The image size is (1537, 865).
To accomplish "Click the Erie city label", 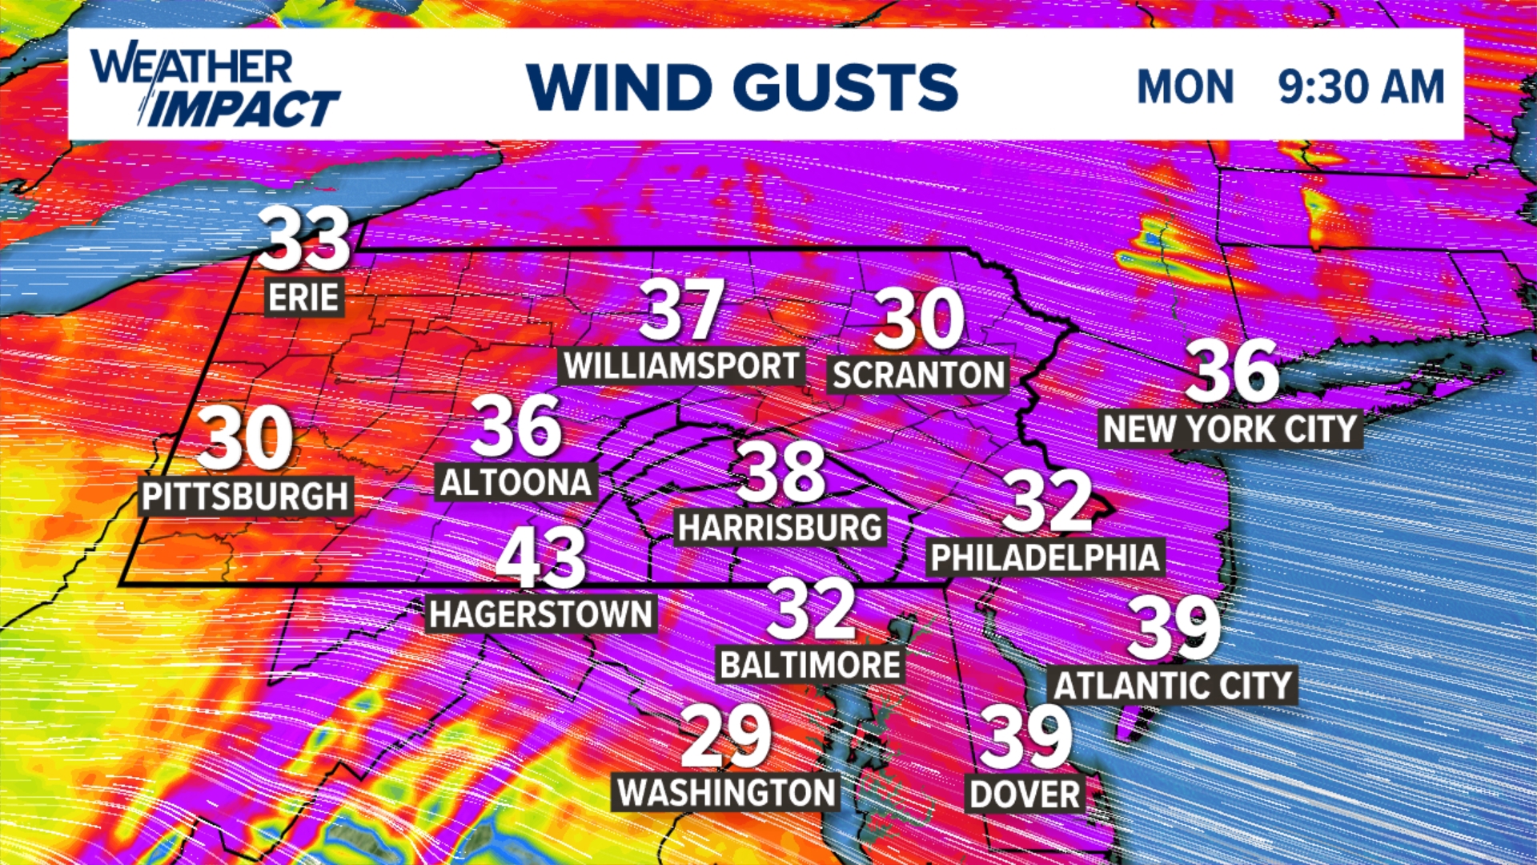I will (304, 297).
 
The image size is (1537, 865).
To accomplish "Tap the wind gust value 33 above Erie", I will (304, 239).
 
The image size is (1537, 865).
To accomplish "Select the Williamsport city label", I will (681, 366).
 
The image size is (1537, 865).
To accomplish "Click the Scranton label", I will (918, 375).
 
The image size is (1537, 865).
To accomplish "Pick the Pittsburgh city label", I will (246, 497).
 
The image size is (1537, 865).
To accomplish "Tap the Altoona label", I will (516, 482).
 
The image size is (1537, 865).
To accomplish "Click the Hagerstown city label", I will (541, 614).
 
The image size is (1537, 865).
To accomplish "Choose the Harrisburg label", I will (781, 527).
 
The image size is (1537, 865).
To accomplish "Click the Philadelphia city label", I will (1045, 557).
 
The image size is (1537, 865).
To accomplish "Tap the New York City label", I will (1230, 429).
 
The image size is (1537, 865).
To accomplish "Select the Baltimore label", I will (810, 665).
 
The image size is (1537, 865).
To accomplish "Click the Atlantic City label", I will (1173, 686).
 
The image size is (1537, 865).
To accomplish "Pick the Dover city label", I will (1025, 794).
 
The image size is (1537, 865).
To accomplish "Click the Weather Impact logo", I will (215, 86).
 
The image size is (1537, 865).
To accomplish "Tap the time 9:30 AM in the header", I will (1361, 86).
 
